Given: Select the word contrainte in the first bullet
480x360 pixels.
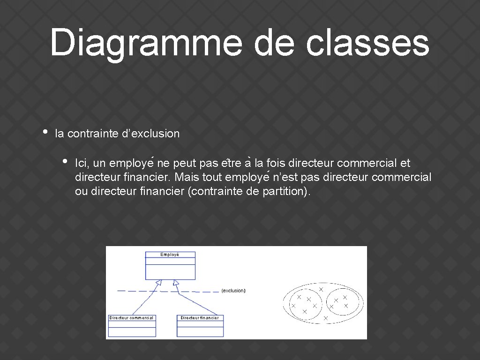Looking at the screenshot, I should point(92,134).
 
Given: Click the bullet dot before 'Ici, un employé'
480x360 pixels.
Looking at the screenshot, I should point(65,161).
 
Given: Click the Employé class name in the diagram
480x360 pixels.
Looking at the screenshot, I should point(170,255).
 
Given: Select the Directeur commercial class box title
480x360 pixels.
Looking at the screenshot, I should point(131,318).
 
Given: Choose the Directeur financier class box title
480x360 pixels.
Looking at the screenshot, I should point(200,318).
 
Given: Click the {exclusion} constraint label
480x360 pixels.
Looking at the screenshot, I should point(233,291).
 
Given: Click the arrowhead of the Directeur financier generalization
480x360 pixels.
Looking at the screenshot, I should point(176,282).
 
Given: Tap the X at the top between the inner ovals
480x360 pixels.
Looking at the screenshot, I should point(321,290).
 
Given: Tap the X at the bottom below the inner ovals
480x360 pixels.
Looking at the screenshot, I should point(325,318).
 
